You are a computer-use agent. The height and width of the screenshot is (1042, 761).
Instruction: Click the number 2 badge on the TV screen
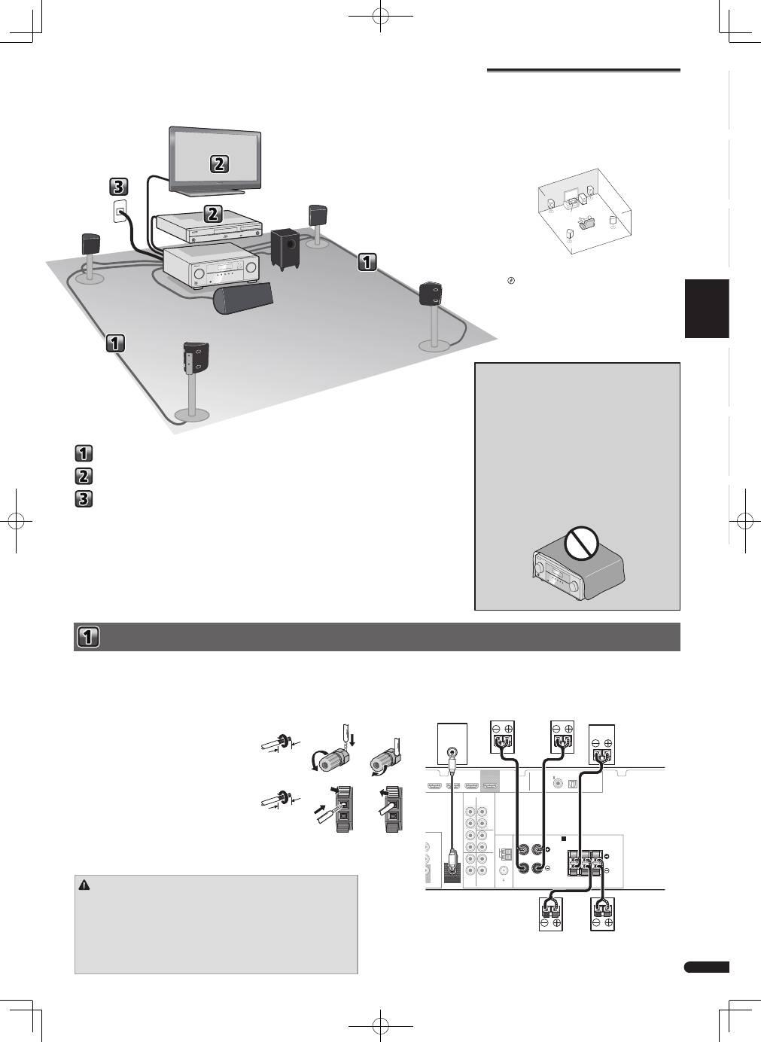pos(219,163)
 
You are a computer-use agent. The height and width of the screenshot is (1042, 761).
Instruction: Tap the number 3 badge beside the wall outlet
pos(119,187)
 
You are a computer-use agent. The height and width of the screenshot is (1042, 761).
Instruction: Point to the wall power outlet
pos(120,212)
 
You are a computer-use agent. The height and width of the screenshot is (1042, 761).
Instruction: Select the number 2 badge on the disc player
pos(212,214)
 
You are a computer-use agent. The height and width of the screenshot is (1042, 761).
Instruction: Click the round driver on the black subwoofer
pos(291,244)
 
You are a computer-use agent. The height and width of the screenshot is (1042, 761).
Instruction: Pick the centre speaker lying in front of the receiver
pos(243,297)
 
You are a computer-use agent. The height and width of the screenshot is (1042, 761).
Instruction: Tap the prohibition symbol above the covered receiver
pos(581,542)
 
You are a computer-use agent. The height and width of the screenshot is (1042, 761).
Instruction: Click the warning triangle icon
pos(84,885)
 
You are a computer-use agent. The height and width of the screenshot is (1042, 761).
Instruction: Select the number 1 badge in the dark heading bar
pos(88,637)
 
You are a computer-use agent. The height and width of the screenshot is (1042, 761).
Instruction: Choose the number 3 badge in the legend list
pos(84,498)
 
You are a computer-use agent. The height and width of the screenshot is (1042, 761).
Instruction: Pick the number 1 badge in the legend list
pos(84,453)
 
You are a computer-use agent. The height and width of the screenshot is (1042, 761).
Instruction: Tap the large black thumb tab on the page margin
pos(707,309)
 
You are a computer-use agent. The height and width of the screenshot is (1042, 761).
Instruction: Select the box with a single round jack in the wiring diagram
pos(452,743)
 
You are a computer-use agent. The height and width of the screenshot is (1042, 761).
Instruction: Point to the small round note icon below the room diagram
pos(511,281)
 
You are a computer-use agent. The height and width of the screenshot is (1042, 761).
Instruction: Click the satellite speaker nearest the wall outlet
pos(91,243)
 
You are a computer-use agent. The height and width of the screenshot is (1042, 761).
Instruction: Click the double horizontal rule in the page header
pos(583,71)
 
